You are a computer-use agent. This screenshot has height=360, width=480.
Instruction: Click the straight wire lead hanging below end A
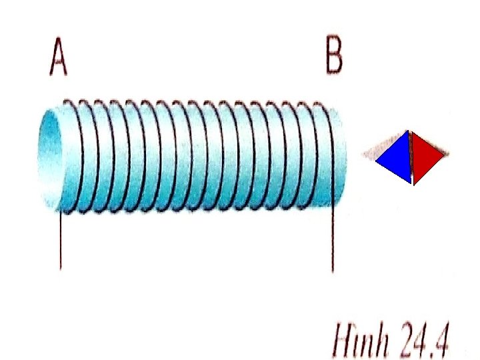[61, 240]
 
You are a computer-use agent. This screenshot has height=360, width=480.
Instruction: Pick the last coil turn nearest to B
[325, 153]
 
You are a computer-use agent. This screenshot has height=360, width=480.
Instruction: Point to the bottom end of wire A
[61, 267]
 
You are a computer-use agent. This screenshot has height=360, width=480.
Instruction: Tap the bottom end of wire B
[332, 271]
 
